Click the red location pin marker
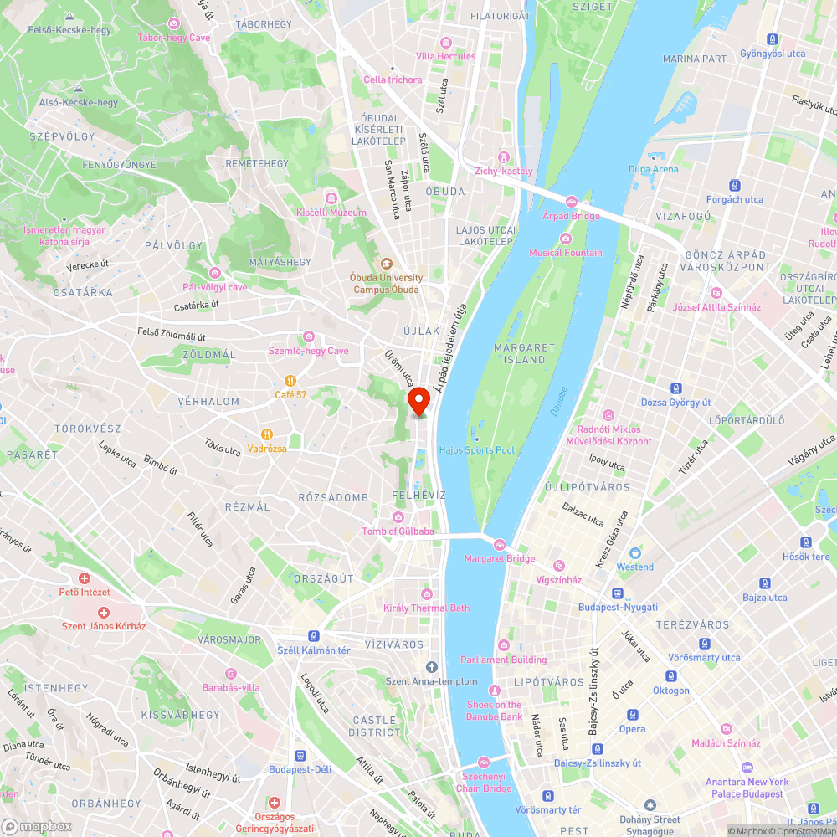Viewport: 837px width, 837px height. pyautogui.click(x=418, y=402)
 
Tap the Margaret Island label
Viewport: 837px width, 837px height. pyautogui.click(x=525, y=353)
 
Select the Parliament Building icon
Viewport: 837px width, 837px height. pyautogui.click(x=503, y=644)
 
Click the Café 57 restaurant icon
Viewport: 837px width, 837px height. pyautogui.click(x=290, y=380)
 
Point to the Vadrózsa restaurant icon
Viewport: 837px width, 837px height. pyautogui.click(x=267, y=434)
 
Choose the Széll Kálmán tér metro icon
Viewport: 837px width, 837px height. pyautogui.click(x=313, y=636)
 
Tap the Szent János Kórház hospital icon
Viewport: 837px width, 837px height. pyautogui.click(x=104, y=613)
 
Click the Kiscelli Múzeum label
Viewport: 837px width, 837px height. pyautogui.click(x=331, y=213)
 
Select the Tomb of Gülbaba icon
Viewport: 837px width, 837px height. pyautogui.click(x=398, y=517)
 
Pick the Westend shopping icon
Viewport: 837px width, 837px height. pyautogui.click(x=635, y=552)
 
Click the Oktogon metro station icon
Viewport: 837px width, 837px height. pyautogui.click(x=671, y=676)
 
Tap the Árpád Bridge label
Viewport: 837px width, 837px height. pyautogui.click(x=572, y=216)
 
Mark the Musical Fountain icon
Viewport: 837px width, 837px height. pyautogui.click(x=565, y=239)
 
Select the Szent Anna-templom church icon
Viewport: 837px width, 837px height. pyautogui.click(x=431, y=667)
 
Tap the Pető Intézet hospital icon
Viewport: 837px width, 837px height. pyautogui.click(x=85, y=578)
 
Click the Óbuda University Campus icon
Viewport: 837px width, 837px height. pyautogui.click(x=388, y=264)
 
